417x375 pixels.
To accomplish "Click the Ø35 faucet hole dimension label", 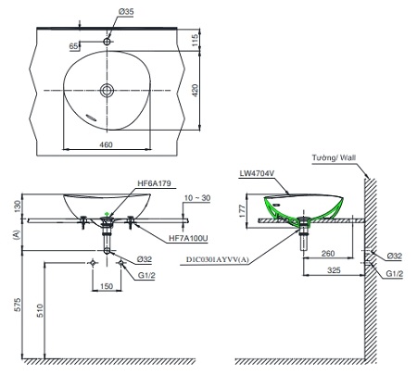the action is [126, 12].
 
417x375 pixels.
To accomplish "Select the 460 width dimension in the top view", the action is [106, 144].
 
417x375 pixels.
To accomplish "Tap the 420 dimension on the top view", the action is [195, 91].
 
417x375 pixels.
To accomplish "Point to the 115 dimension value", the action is [195, 41].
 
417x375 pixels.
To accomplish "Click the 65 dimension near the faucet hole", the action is [73, 46].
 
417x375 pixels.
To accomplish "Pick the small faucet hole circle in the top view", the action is [107, 42].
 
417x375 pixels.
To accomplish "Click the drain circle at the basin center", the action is [107, 91].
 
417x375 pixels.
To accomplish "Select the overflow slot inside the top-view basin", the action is [92, 118].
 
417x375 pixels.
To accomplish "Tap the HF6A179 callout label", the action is [154, 183].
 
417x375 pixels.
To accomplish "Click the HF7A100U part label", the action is [188, 238].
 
